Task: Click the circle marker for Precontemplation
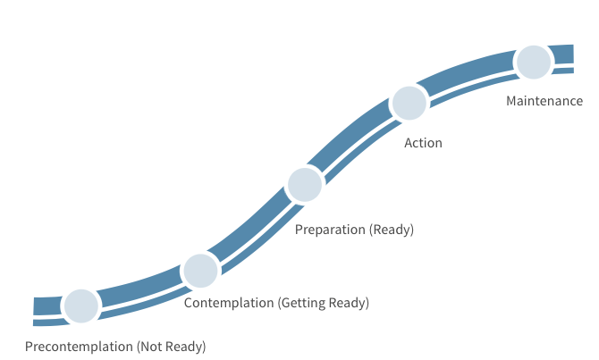tap(80, 306)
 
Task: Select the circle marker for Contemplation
tap(199, 270)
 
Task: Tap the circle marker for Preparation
tap(305, 184)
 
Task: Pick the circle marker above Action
tap(409, 103)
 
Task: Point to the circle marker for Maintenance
tap(534, 62)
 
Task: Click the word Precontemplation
tap(79, 346)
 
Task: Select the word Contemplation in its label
tap(229, 303)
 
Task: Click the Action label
tap(423, 143)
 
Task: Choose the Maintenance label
tap(544, 101)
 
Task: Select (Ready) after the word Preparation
tap(392, 230)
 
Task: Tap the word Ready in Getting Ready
tap(348, 303)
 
